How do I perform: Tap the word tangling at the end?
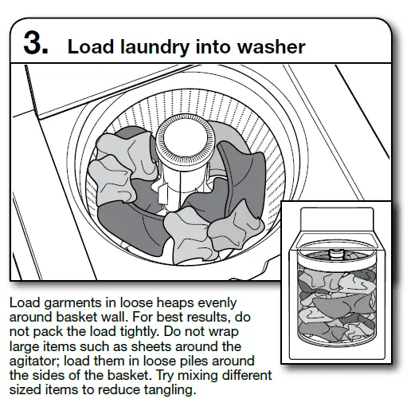[x=168, y=389]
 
